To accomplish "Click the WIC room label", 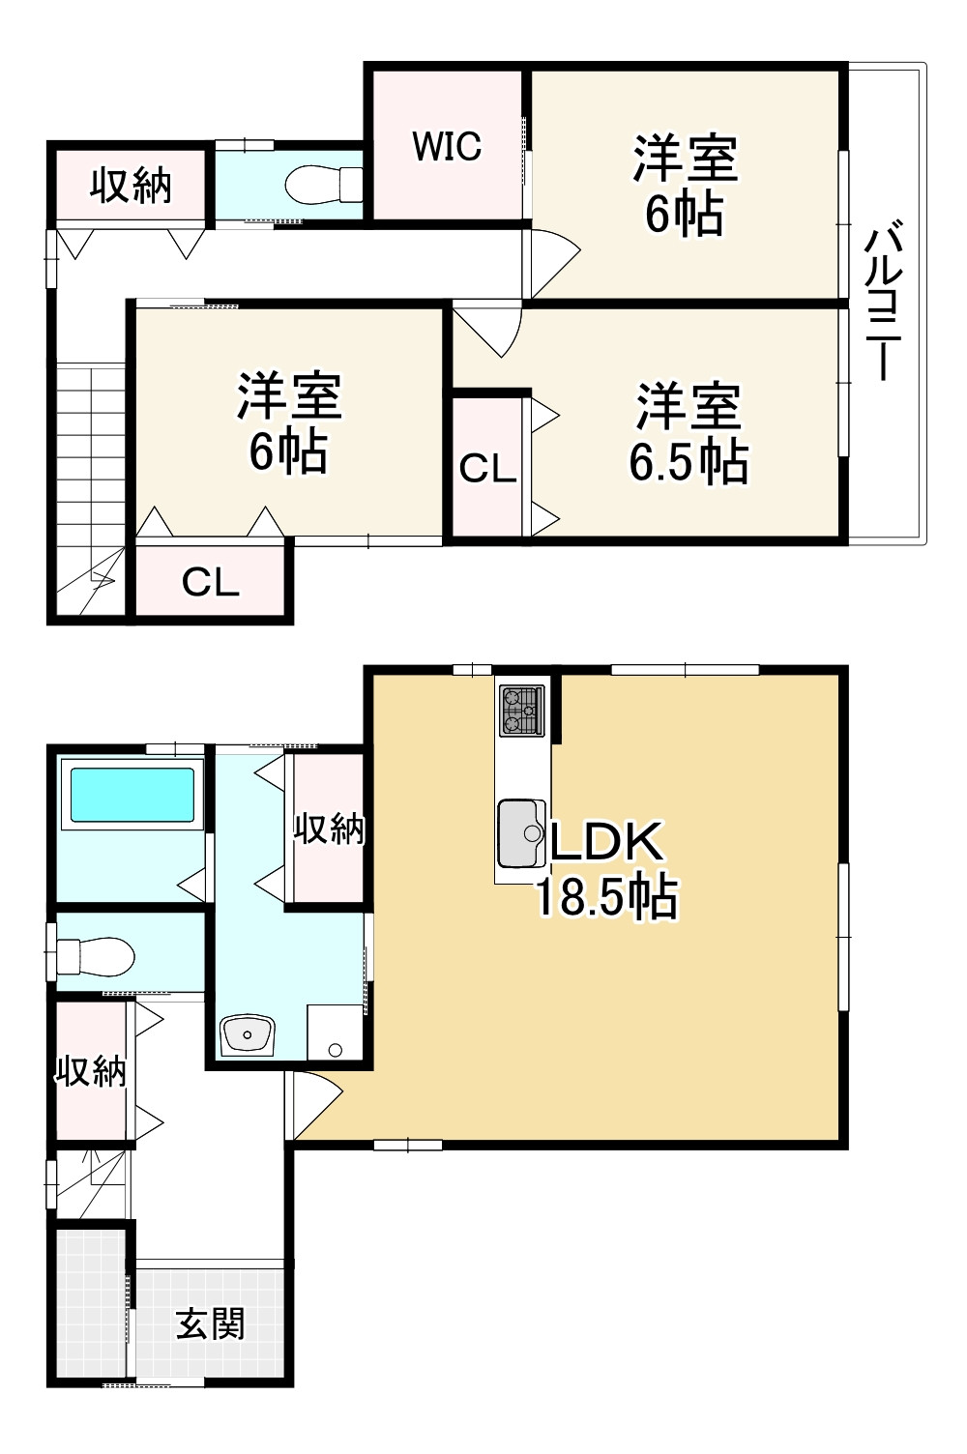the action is click(447, 146).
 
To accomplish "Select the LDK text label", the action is click(606, 842).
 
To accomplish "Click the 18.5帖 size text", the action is click(606, 896).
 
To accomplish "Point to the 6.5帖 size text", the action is click(689, 461).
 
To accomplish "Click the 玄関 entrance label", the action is click(211, 1323).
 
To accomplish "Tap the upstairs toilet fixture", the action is click(323, 185).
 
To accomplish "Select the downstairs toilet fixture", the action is click(95, 956).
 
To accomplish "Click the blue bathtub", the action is click(132, 795).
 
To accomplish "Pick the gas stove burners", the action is click(521, 711).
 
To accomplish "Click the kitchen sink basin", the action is click(521, 833).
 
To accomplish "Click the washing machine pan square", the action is click(335, 1032).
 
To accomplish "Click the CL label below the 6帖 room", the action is click(211, 582).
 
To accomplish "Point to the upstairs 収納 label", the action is click(131, 186).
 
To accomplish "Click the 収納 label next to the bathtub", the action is click(329, 829).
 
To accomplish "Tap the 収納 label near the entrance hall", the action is click(91, 1070).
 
